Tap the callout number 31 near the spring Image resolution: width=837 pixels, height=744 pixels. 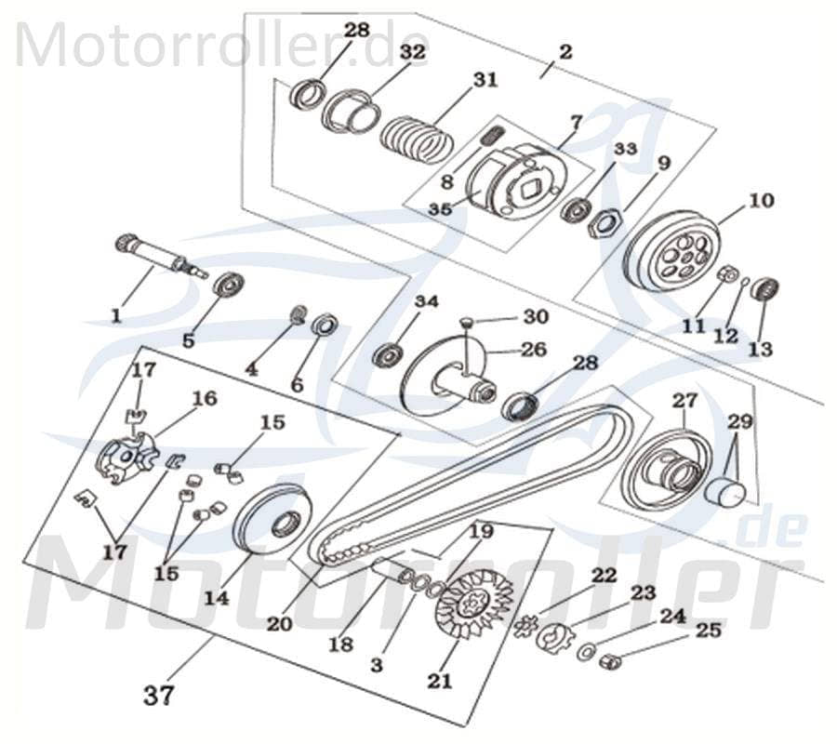(x=485, y=81)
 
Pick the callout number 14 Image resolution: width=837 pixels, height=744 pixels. (x=216, y=600)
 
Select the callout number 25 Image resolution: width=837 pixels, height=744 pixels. (x=709, y=631)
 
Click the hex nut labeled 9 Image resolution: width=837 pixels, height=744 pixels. (x=607, y=222)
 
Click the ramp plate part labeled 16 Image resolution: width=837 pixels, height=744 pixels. (x=128, y=457)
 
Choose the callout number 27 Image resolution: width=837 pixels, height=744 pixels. (x=684, y=401)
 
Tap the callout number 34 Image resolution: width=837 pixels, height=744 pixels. (x=426, y=302)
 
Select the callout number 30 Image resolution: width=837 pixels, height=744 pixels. (x=535, y=317)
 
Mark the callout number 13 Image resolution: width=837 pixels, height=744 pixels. (x=760, y=350)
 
